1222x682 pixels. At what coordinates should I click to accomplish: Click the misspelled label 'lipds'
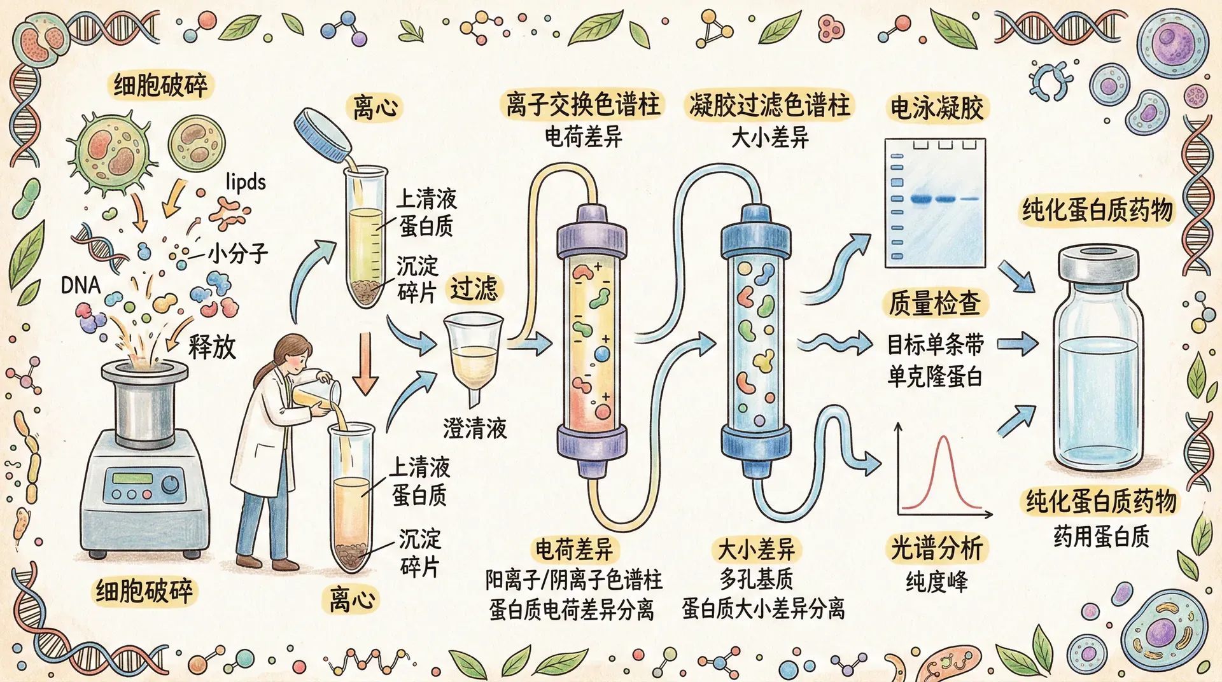click(246, 183)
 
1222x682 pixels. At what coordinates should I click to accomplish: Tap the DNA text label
click(81, 285)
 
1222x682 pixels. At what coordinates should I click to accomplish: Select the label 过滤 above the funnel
click(474, 289)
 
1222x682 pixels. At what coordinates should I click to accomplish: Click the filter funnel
click(473, 356)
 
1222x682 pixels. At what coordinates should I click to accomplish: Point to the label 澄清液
click(475, 428)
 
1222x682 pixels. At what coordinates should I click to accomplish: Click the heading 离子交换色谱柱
click(583, 105)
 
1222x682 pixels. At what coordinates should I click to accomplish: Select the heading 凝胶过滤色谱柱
click(769, 105)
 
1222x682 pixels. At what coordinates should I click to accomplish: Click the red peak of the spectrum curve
click(943, 438)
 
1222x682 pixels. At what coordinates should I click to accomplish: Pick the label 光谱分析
click(937, 548)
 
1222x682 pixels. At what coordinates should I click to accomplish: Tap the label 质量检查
click(935, 303)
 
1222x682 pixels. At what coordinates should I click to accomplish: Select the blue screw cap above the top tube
click(323, 135)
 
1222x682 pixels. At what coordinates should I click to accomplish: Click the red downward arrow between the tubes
click(365, 363)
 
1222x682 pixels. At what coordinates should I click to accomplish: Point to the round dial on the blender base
click(171, 485)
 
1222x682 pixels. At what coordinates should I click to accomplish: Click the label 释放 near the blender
click(212, 347)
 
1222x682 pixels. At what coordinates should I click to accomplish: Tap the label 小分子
click(238, 254)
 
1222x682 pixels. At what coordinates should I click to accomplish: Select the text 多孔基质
click(757, 579)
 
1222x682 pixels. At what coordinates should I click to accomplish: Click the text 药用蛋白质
click(1101, 536)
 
